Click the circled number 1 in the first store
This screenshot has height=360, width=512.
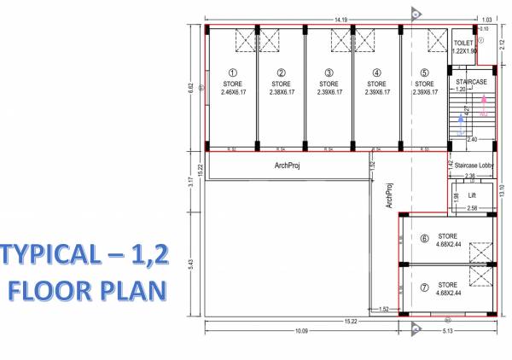[233, 73]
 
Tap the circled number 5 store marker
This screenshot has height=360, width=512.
[424, 73]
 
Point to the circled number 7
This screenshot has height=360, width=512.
[424, 288]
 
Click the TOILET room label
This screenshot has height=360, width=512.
[463, 42]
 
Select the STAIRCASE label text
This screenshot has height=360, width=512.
[471, 81]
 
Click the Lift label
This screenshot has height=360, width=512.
[471, 195]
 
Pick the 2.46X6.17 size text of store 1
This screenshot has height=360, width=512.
[233, 91]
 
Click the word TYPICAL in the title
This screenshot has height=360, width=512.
[51, 255]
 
